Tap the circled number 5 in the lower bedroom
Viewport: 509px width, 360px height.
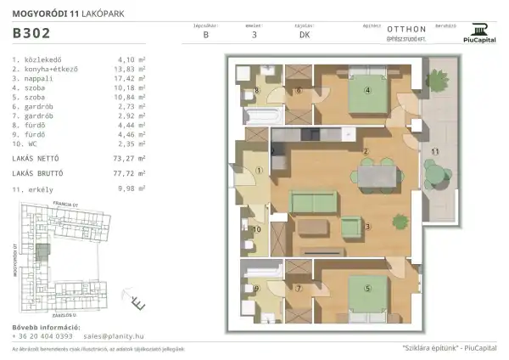point(367,287)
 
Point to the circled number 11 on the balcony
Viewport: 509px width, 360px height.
point(434,151)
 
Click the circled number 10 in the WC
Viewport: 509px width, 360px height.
point(257,229)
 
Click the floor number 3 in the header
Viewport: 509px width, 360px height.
point(254,36)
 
